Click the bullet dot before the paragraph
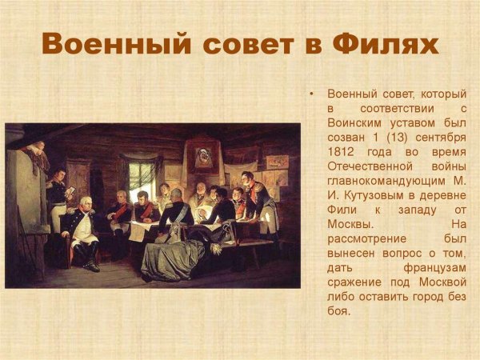(x=311, y=94)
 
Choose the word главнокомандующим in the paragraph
(x=387, y=180)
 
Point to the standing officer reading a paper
(x=57, y=196)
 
